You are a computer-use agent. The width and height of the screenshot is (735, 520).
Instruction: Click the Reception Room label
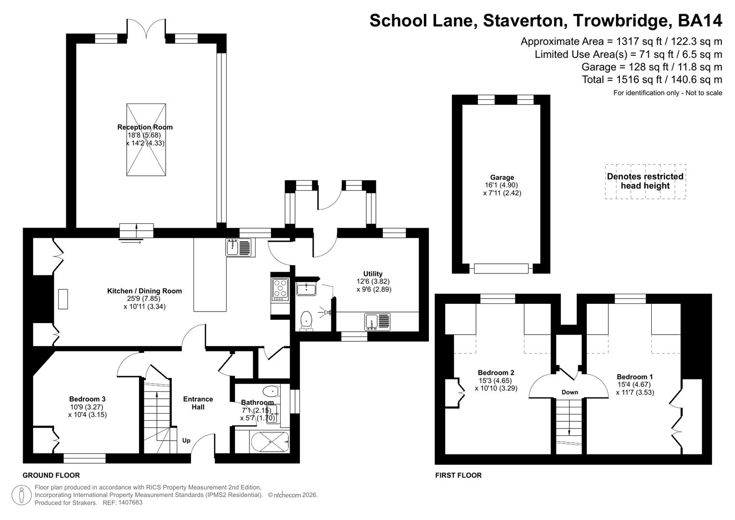coord(145,127)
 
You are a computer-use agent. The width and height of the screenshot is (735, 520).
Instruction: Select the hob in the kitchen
coord(280,289)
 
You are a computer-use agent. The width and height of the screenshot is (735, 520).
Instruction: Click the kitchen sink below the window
coord(238,247)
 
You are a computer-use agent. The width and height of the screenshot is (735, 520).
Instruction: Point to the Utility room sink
coord(377,322)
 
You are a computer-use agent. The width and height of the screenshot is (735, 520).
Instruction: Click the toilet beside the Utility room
coord(306,321)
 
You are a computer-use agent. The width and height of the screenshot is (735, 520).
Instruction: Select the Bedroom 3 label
coord(87,399)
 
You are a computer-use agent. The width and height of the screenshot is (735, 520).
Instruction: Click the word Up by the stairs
coord(186,441)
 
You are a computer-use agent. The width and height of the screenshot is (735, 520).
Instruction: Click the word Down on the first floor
coord(569,392)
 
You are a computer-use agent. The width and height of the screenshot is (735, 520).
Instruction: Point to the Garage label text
coord(502,177)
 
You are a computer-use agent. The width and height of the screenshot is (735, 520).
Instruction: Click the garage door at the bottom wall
coord(501,268)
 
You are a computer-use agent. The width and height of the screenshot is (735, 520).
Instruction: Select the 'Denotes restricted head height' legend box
coord(645,181)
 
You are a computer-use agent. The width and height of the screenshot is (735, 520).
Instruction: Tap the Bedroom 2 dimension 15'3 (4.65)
coord(496,380)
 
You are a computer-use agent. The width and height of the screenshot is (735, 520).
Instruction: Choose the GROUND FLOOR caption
coord(51,475)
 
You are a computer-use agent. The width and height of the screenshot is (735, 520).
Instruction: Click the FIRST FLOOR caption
coord(458,475)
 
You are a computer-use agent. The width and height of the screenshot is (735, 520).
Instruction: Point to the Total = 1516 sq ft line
coord(652,79)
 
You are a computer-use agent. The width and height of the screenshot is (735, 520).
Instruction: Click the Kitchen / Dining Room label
coord(144,291)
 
